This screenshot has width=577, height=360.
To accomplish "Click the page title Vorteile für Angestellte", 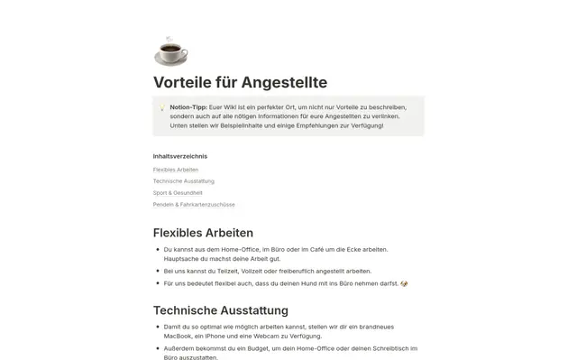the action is pos(240,83).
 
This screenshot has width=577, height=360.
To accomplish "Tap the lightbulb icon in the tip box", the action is pos(161,107).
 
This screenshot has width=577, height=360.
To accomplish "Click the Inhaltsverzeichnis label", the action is pos(180,156).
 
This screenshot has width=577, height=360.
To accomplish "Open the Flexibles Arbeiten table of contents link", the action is pos(176,169).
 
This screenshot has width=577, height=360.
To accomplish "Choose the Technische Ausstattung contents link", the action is pos(183,180).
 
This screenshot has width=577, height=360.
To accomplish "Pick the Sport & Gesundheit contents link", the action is pos(178,192).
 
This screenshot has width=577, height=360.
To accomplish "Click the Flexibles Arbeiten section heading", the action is pos(203,233).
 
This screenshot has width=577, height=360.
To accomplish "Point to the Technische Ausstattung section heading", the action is pos(221,309).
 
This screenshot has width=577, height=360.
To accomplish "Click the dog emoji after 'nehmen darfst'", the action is pos(405,283).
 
